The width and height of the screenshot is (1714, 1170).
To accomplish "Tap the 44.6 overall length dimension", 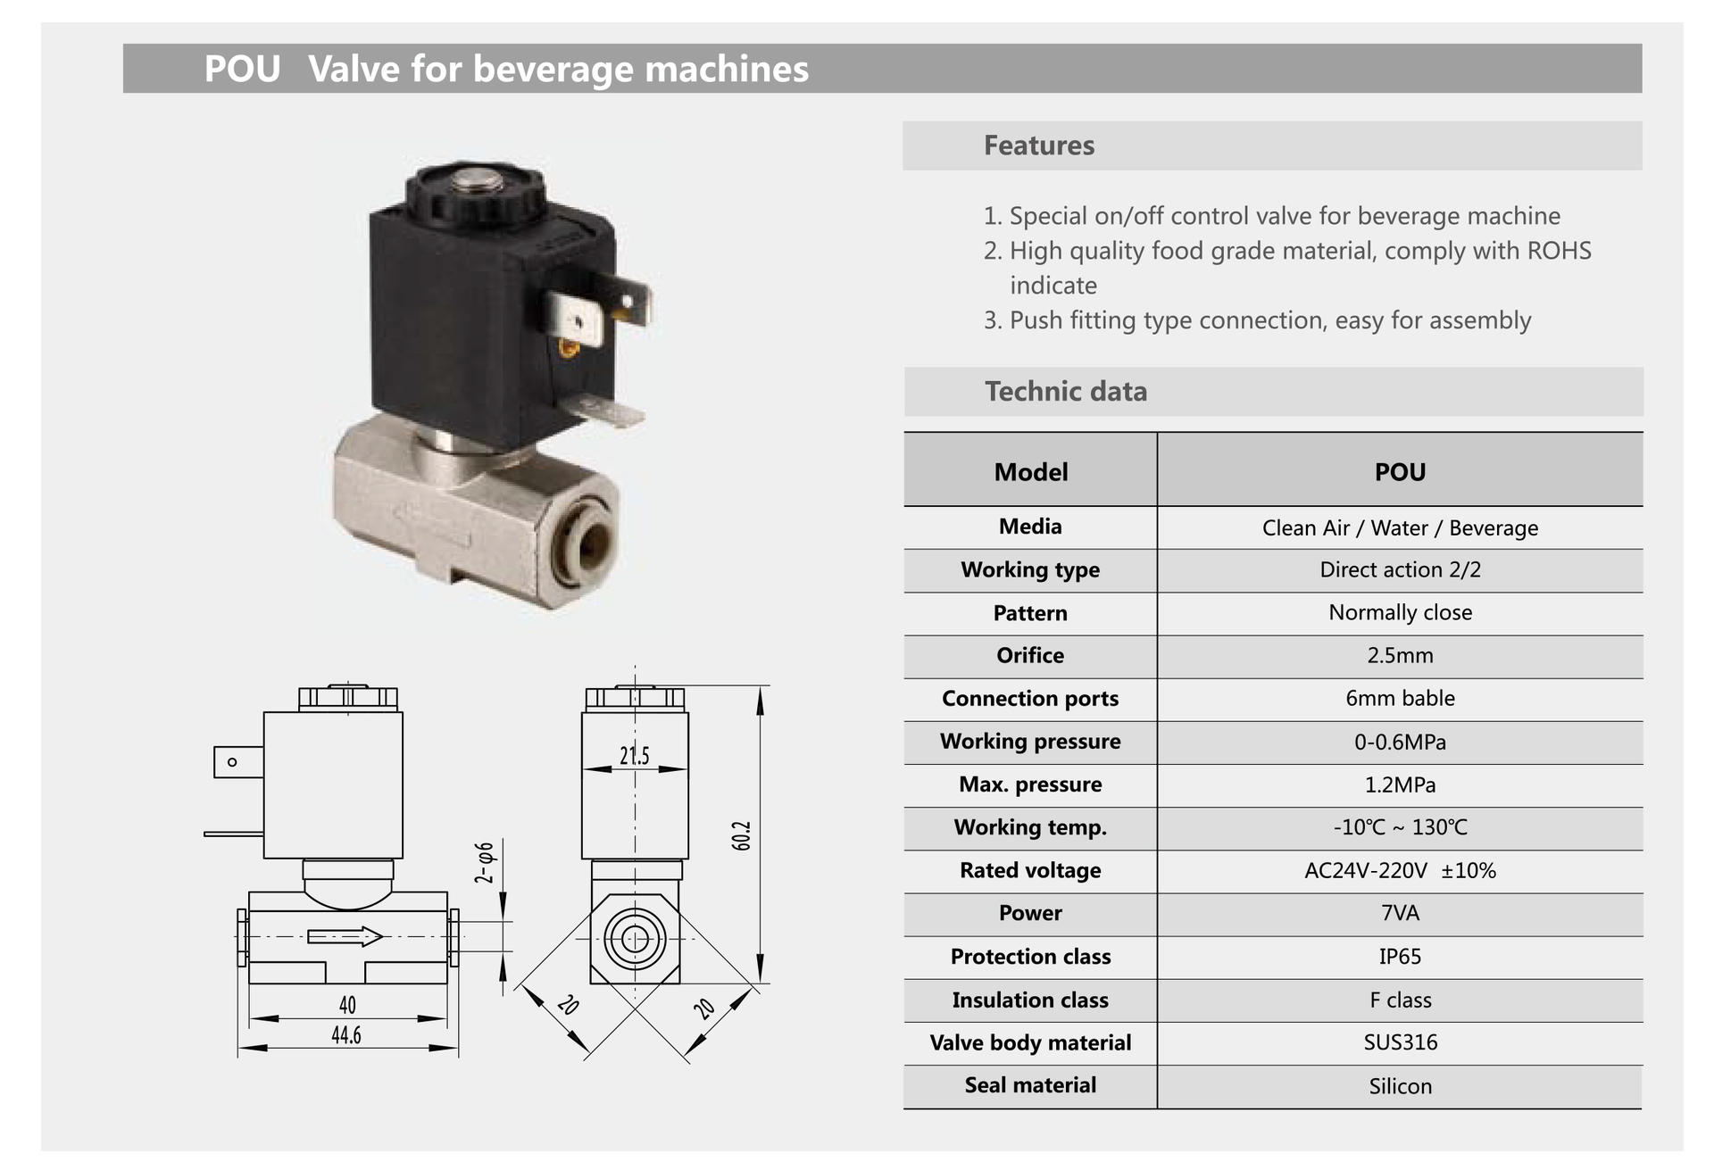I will pos(346,1035).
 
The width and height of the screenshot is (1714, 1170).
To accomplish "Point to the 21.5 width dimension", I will pos(635,756).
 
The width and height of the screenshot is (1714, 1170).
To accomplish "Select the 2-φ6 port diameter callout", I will pos(484,862).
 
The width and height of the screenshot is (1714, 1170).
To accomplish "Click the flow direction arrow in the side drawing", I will pos(345,936).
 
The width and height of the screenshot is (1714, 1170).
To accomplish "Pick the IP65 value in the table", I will pos(1400,957).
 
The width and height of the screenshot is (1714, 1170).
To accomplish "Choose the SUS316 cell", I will pos(1400,1042).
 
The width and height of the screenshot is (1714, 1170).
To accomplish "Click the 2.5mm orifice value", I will pos(1400,656).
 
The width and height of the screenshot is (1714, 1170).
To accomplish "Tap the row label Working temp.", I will pos(1030,827).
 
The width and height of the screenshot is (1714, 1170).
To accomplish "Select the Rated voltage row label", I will pos(1030,870).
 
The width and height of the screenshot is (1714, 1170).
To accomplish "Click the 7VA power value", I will pos(1400,913).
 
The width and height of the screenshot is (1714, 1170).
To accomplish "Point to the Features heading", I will pos(1039,145).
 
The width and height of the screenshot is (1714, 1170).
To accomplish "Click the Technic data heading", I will pos(1066,392).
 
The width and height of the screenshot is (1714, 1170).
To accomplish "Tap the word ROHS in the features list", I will pos(1559,251).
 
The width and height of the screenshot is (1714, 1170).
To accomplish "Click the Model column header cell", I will pos(1030,472).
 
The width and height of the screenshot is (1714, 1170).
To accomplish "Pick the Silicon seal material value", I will pos(1400,1086).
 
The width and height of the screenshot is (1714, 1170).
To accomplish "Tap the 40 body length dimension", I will pos(347,1005).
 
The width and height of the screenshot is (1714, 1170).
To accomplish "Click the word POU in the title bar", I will pos(242,69).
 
